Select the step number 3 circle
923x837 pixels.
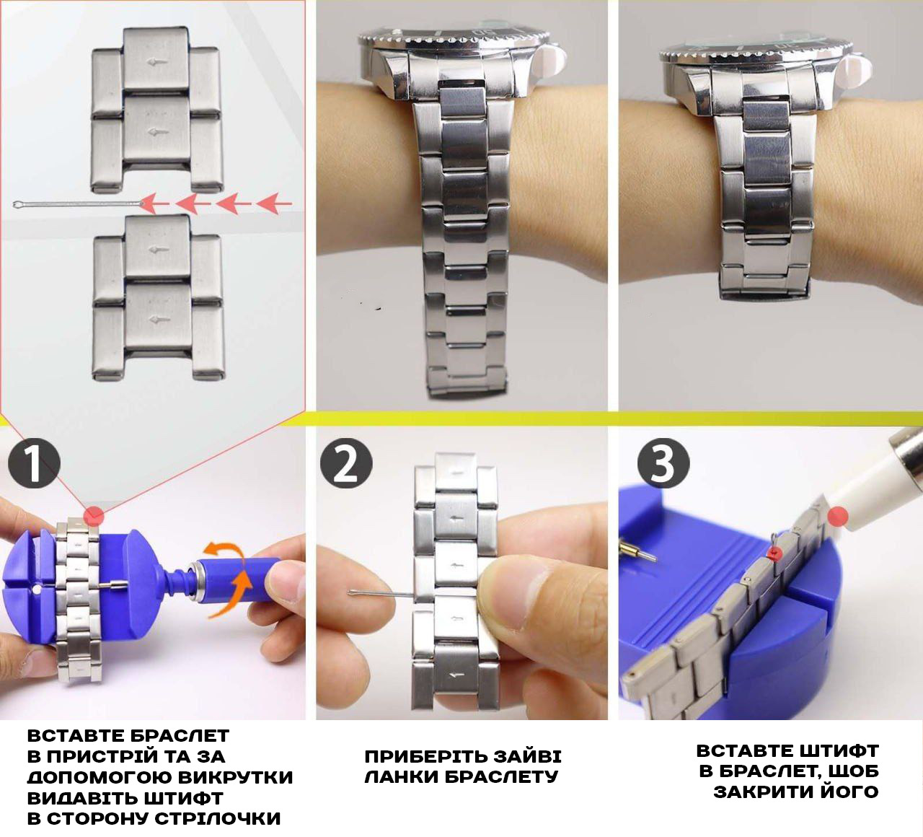[663, 463]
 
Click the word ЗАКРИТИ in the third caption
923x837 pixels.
[761, 792]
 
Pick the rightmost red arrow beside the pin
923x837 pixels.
[274, 203]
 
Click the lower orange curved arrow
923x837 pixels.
[232, 595]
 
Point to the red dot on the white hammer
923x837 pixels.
[837, 517]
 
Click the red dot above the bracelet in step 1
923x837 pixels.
[94, 516]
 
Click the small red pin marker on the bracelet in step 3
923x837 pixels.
[775, 553]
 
